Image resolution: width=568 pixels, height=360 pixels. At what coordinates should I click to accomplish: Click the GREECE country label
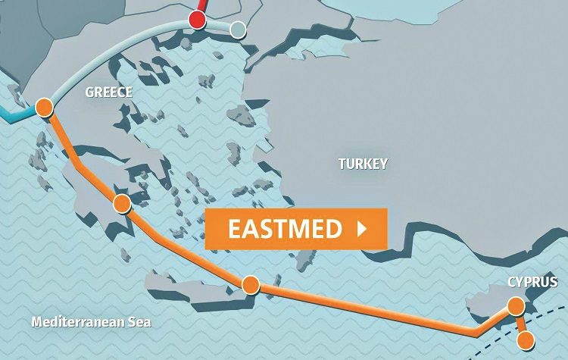[x=109, y=92]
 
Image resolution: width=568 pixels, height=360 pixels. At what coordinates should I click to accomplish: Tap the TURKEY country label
[x=363, y=164]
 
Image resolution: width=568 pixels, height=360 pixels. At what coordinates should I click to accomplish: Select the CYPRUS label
[x=532, y=283]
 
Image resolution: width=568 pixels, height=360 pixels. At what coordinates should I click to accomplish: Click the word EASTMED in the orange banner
[x=285, y=229]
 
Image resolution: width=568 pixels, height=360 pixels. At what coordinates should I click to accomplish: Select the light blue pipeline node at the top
[x=238, y=30]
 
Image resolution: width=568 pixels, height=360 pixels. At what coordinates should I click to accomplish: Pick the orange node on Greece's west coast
[x=43, y=106]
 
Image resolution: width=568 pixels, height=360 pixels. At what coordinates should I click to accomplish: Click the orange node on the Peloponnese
[x=121, y=203]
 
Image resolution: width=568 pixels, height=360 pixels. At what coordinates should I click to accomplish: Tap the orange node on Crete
[x=251, y=284]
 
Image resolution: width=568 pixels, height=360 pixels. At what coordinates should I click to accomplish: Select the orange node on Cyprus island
[x=516, y=306]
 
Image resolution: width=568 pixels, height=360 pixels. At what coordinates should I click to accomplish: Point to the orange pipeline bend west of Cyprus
[x=475, y=332]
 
